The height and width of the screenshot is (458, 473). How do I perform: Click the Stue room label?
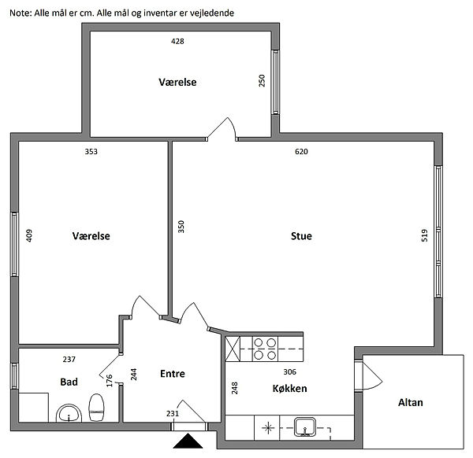[301, 236]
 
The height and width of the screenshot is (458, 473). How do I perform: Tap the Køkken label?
[289, 389]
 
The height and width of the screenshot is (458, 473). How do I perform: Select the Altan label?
[410, 403]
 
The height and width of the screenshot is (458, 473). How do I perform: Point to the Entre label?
[173, 374]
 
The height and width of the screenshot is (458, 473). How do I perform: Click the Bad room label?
[69, 382]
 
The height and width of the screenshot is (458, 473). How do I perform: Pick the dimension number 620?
[301, 151]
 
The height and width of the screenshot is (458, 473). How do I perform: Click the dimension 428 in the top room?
[177, 41]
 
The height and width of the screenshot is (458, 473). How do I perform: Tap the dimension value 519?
[424, 235]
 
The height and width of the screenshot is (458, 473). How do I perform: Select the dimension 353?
[91, 151]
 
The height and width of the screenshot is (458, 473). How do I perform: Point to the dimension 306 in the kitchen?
[289, 372]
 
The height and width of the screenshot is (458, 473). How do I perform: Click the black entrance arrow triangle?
[188, 441]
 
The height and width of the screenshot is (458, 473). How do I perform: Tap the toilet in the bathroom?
[96, 408]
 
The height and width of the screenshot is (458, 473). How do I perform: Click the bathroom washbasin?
[69, 413]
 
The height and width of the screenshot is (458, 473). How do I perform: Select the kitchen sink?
[305, 427]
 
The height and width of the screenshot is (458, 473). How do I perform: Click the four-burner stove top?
[265, 349]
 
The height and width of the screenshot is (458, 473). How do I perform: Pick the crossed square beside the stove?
[233, 349]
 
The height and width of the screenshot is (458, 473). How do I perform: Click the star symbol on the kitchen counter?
[267, 428]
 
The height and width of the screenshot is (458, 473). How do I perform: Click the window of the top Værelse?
[275, 82]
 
